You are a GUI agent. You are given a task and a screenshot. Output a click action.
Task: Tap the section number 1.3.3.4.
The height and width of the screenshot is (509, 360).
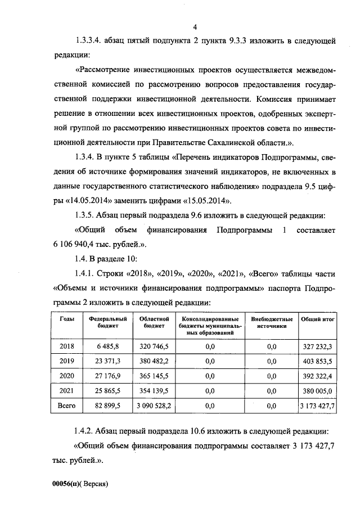pos(91,41)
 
